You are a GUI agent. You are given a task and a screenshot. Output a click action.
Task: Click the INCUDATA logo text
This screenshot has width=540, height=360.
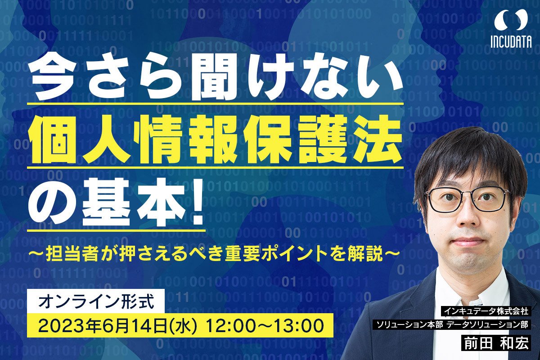511,41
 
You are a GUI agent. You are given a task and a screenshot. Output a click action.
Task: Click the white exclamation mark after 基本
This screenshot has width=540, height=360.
196,204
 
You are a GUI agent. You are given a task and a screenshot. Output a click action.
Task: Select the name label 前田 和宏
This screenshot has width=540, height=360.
496,343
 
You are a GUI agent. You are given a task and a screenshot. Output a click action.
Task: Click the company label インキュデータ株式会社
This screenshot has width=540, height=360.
486,311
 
